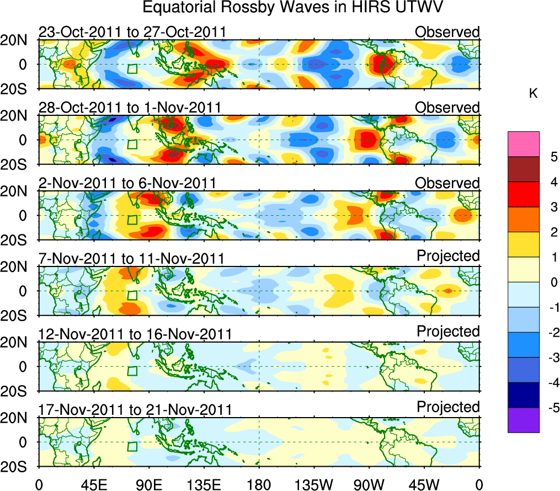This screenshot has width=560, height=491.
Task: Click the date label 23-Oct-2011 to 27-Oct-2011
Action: coord(132,32)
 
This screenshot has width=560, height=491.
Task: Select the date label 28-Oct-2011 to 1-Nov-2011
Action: coord(130,107)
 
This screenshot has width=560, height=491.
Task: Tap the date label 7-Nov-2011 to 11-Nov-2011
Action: coord(131,258)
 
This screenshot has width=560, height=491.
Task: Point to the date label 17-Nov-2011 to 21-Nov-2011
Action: coord(135,409)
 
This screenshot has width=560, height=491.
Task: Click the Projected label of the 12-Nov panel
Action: coord(448,331)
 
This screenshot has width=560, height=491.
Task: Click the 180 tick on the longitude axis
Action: coord(259,484)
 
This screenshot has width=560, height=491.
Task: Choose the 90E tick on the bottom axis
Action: coord(148,484)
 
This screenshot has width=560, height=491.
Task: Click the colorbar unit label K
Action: coord(533,94)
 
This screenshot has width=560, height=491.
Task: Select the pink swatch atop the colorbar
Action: coord(523,145)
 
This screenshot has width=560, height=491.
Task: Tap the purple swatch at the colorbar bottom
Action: coord(523,420)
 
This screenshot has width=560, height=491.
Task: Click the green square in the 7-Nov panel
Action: coord(132,295)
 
